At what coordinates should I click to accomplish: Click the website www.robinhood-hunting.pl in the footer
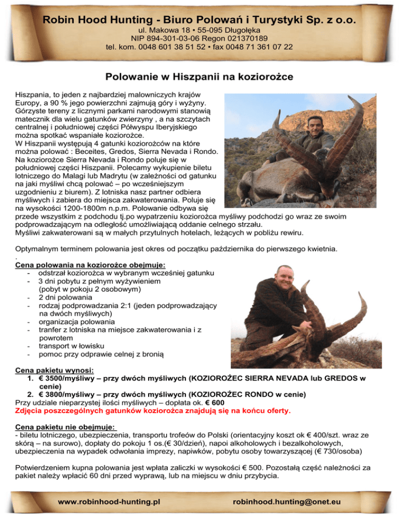click(x=109, y=502)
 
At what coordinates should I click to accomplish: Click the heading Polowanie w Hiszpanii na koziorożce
click(x=199, y=77)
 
